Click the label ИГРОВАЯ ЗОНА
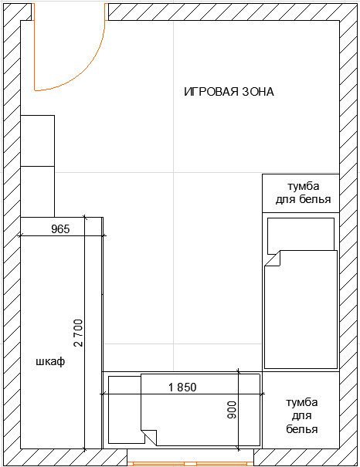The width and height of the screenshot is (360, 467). click(x=229, y=92)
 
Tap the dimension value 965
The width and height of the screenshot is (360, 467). click(x=60, y=229)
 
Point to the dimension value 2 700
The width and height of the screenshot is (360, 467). click(x=78, y=333)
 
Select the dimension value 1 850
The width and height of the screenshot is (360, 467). click(x=182, y=387)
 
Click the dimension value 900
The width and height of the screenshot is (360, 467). click(x=232, y=410)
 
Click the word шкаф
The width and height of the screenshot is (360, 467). click(x=50, y=361)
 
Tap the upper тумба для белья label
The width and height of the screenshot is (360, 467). click(x=303, y=193)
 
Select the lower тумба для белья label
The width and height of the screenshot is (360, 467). click(x=302, y=416)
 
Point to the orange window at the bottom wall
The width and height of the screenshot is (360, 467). click(x=191, y=463)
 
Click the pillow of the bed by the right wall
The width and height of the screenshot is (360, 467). click(x=301, y=235)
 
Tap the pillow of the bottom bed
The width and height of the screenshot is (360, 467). click(x=125, y=410)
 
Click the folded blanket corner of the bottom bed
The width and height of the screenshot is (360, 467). click(x=149, y=437)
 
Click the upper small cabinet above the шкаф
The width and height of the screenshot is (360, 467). click(x=38, y=140)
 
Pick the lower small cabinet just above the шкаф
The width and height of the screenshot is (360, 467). click(x=38, y=191)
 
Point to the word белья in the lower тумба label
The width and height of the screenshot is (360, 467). click(x=302, y=429)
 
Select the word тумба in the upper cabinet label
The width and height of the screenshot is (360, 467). click(x=304, y=187)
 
